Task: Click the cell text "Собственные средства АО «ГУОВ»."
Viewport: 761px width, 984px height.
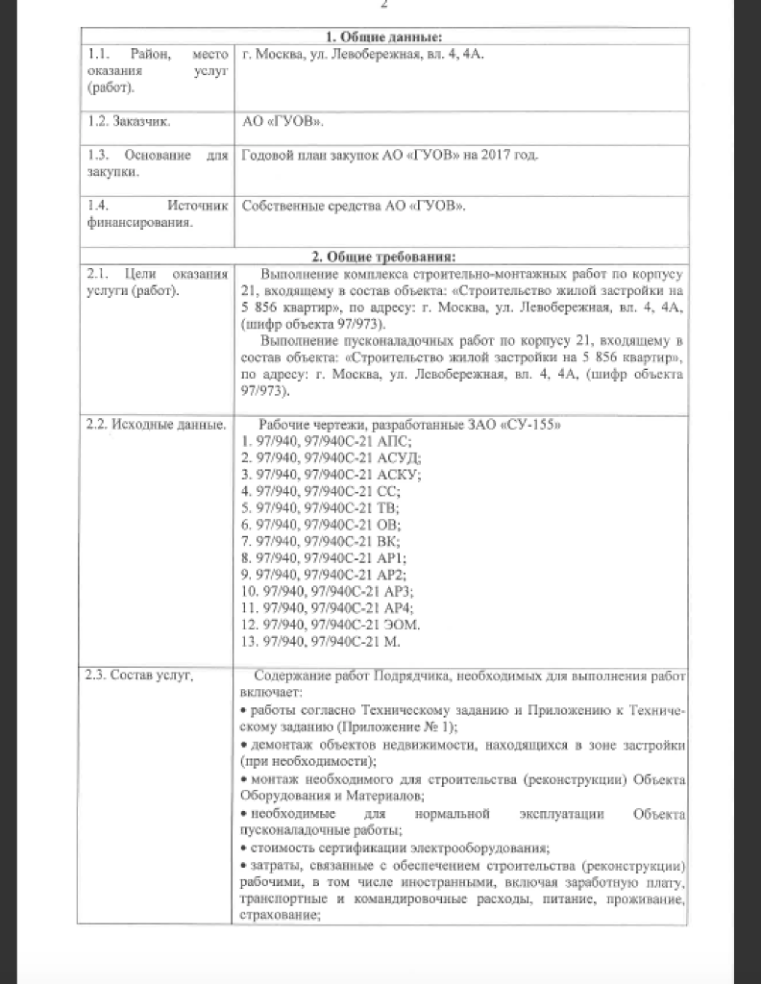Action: click(355, 206)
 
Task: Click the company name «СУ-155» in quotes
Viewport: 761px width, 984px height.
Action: click(529, 424)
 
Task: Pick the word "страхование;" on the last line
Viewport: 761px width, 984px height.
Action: click(279, 916)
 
